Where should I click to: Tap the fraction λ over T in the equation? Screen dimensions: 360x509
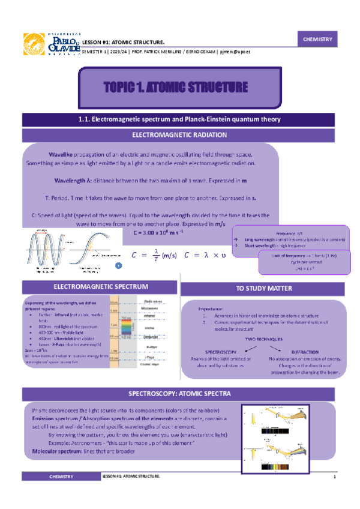coord(155,255)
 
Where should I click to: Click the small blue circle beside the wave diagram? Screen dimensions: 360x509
coord(119,265)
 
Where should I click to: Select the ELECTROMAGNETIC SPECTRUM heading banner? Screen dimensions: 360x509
coord(91,288)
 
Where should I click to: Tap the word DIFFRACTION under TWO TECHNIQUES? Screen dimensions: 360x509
coord(305,352)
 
